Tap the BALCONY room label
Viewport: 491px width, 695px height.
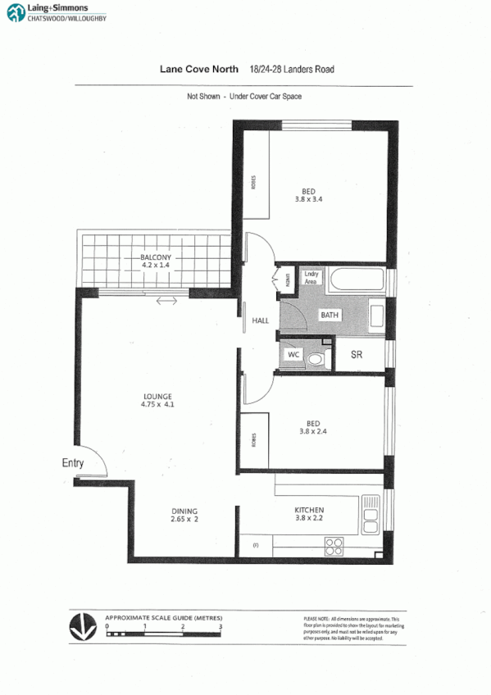coord(154,257)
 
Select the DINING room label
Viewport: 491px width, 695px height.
coord(184,510)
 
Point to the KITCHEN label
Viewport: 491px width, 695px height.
coord(309,511)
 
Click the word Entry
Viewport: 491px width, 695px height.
coord(73,463)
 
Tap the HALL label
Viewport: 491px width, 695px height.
coord(261,320)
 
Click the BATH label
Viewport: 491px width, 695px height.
coord(330,315)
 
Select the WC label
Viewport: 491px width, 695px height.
coord(293,356)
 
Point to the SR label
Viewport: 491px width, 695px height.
coord(357,355)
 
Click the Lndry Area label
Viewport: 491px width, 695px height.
coord(311,277)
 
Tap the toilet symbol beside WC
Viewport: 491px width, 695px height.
coord(320,357)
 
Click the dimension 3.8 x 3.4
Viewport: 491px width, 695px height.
coord(309,198)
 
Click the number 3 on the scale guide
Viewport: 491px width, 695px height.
coord(220,626)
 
